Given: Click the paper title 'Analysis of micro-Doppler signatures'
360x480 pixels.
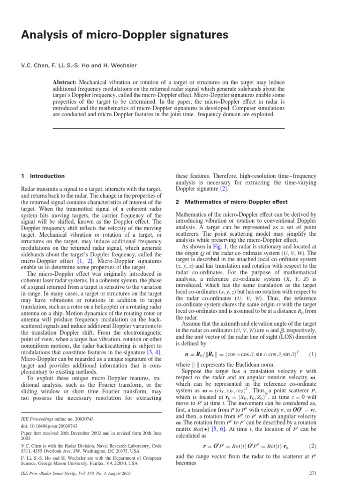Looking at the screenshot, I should click(118, 35).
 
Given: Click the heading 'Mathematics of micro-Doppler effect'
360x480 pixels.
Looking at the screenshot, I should click(241, 202).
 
